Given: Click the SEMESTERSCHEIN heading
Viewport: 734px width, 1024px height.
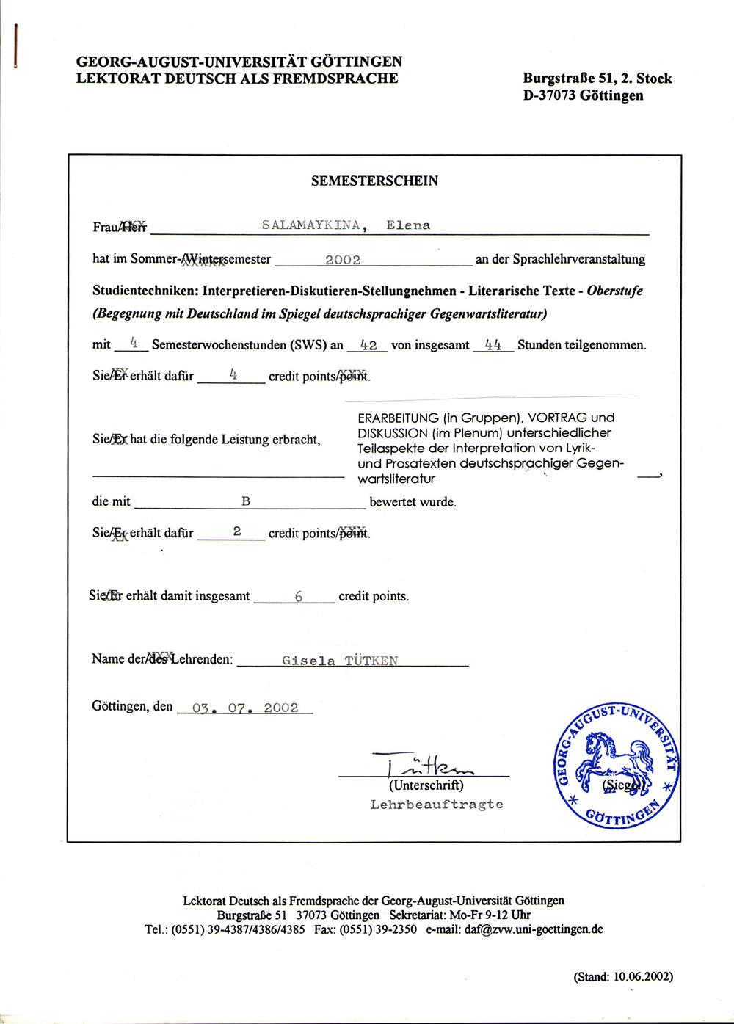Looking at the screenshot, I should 374,181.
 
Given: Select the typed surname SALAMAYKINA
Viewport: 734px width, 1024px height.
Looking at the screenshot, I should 312,225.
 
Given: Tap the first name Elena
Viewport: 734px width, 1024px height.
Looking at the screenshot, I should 408,225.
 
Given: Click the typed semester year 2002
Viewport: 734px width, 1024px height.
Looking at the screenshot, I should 342,260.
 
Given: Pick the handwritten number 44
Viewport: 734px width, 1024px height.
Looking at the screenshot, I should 493,345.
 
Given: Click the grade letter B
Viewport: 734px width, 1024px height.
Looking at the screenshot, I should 246,502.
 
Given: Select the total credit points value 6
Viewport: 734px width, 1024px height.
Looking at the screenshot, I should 299,597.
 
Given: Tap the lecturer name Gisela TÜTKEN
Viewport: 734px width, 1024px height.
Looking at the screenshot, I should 340,661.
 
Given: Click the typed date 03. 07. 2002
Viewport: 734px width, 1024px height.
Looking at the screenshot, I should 245,708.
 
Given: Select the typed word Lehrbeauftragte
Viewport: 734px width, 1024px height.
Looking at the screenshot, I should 437,805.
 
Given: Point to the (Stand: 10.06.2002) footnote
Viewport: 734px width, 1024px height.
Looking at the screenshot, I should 623,977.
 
